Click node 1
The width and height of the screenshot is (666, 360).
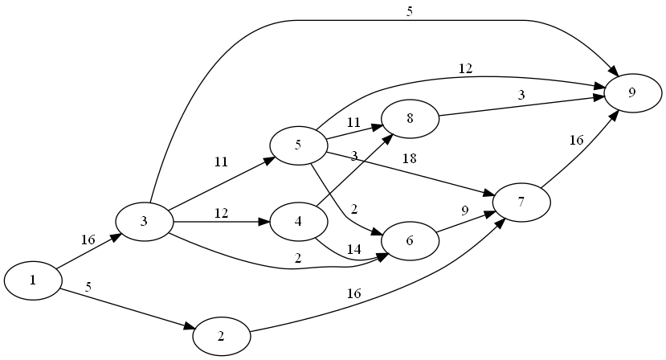[x=33, y=280]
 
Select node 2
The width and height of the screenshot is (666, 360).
[x=221, y=336]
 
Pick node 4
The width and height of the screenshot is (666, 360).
[x=299, y=221]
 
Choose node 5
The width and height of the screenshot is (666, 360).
[x=298, y=145]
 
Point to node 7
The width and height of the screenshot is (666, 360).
[x=521, y=202]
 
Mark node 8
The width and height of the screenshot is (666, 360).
[x=410, y=119]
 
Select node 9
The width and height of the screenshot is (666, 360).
[x=632, y=92]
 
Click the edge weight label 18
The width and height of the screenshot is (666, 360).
[x=409, y=158]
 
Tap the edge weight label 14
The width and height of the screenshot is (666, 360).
[x=353, y=250]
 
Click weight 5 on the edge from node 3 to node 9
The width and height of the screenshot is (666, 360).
[x=410, y=11]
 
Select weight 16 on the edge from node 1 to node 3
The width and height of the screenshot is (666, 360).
[x=88, y=239]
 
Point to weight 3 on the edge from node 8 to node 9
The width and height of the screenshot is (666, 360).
[x=521, y=96]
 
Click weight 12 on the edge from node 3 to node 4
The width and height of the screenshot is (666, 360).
[x=222, y=214]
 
